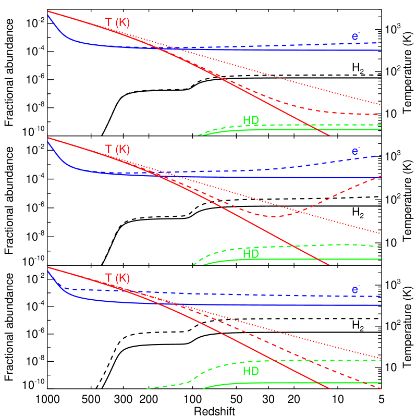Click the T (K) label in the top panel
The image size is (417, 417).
click(117, 22)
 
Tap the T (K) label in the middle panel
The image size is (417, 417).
click(117, 150)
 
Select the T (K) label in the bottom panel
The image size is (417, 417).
click(117, 278)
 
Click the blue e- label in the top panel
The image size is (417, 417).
click(355, 36)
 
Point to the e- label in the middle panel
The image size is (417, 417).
click(355, 152)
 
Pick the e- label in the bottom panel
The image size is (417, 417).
click(355, 290)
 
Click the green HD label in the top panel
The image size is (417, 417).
click(251, 120)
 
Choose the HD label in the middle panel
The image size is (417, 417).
click(251, 254)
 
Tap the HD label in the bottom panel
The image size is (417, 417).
click(251, 371)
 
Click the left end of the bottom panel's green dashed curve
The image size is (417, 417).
click(148, 388)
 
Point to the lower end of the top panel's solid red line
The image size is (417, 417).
click(329, 136)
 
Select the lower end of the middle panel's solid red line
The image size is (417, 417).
click(329, 265)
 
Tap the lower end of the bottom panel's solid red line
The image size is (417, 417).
click(329, 388)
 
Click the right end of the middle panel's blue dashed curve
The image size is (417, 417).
click(381, 155)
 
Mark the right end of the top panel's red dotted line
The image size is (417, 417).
click(381, 104)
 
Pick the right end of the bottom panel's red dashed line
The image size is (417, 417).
click(381, 388)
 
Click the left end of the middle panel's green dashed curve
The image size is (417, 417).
click(193, 265)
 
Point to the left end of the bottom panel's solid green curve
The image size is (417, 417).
click(203, 388)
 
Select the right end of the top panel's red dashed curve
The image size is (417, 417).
click(378, 114)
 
